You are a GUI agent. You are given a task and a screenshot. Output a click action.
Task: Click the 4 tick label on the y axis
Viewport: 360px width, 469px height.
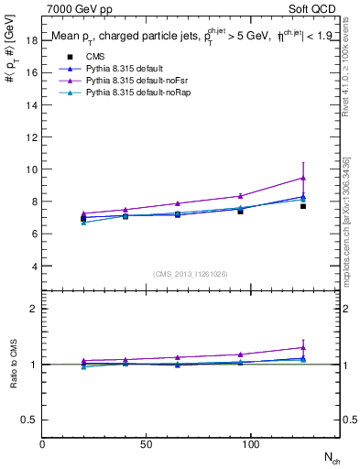[34, 266]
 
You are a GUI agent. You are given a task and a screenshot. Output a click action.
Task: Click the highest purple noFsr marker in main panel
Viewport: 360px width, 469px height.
[303, 178]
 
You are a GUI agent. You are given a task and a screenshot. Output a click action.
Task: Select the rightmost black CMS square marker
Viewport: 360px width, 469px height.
[303, 206]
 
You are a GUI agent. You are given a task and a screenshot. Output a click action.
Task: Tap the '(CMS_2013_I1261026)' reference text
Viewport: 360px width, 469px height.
[191, 274]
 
